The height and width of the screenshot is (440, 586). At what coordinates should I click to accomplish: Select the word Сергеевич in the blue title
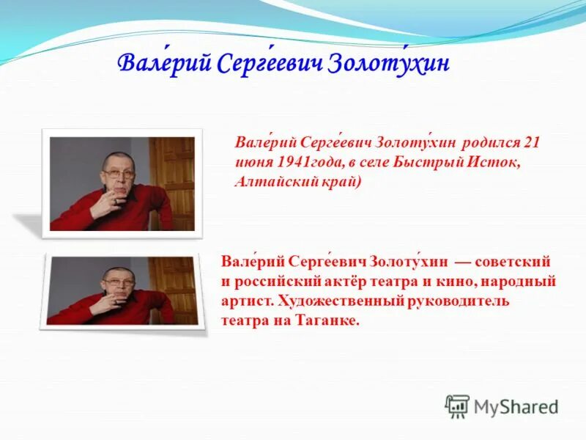tap(271, 65)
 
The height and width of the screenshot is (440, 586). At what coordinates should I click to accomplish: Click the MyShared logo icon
tap(457, 406)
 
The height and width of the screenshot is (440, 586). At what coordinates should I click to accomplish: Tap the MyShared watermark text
tap(516, 406)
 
